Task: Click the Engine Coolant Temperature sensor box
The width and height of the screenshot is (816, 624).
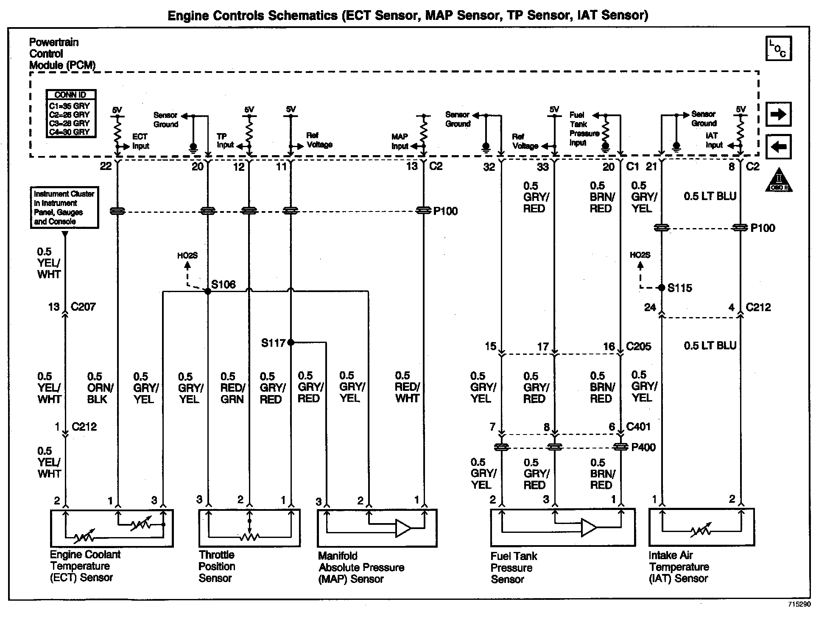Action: pyautogui.click(x=112, y=528)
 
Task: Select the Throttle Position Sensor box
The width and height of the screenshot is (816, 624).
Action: pyautogui.click(x=249, y=528)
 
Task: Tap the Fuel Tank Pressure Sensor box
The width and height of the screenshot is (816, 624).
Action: pyautogui.click(x=563, y=527)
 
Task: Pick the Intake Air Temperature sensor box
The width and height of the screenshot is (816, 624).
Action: pyautogui.click(x=701, y=527)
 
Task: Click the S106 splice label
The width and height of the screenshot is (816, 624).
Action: pyautogui.click(x=223, y=284)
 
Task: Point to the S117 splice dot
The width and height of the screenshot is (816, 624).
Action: pyautogui.click(x=291, y=343)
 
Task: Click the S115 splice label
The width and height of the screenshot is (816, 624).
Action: pyautogui.click(x=679, y=288)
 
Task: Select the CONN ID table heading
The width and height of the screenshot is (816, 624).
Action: pyautogui.click(x=71, y=95)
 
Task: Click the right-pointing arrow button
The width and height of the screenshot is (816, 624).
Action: pyautogui.click(x=778, y=114)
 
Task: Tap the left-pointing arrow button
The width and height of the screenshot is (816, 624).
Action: pyautogui.click(x=778, y=147)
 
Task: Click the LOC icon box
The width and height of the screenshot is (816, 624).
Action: pyautogui.click(x=778, y=49)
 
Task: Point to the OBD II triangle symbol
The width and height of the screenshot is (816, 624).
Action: pyautogui.click(x=779, y=181)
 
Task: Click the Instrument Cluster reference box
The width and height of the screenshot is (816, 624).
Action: pyautogui.click(x=64, y=208)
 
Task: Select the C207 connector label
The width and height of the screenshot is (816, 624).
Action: pyautogui.click(x=83, y=307)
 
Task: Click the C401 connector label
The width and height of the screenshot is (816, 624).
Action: pyautogui.click(x=638, y=427)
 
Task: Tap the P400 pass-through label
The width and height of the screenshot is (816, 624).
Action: pyautogui.click(x=643, y=447)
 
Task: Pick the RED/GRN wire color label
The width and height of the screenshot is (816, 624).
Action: pyautogui.click(x=232, y=388)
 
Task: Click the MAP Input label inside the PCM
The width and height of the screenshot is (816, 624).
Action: pyautogui.click(x=400, y=142)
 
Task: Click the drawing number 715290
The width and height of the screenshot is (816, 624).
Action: pyautogui.click(x=799, y=604)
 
